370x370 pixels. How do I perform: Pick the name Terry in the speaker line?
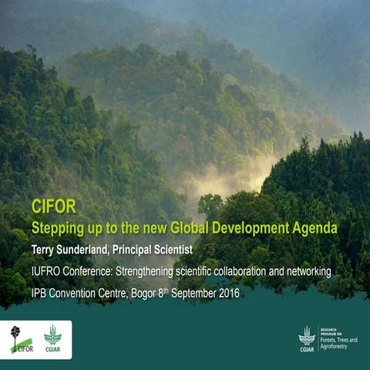coord(45,250)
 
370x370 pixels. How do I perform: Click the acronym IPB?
coord(39,293)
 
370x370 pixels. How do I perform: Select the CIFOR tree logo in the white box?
coord(20,339)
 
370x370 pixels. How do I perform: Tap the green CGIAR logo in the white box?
coord(52,339)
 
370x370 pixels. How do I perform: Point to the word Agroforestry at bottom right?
coord(339,348)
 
